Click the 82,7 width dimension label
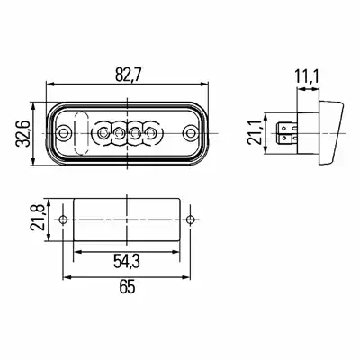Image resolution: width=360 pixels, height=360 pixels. pos(128,75)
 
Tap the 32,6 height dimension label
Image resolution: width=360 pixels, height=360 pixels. pos(22,133)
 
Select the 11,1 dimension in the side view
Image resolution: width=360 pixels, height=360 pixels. pos(306,77)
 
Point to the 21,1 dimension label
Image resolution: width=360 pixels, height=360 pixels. pos(255,132)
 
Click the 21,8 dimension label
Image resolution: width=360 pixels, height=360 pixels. pos(37,218)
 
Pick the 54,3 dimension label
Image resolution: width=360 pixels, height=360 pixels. pos(127,261)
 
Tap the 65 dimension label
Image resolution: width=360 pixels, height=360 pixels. pos(127,287)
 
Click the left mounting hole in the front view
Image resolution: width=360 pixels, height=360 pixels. pos(64,132)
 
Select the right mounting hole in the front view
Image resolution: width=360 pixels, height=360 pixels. pos(190,132)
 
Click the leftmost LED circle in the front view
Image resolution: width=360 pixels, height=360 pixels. pos(103,132)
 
